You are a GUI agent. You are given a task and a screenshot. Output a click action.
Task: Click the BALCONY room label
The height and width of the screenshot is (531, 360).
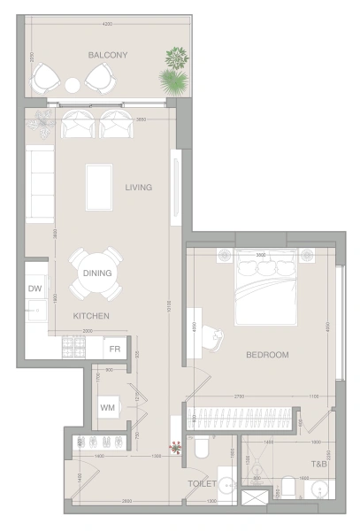coord(108,55)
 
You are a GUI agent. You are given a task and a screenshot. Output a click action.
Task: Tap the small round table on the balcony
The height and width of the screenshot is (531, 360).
coord(73,85)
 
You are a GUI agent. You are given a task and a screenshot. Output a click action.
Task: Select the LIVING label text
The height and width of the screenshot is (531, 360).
coord(139,188)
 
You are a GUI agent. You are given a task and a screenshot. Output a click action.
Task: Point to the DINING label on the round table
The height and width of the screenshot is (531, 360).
coord(97,273)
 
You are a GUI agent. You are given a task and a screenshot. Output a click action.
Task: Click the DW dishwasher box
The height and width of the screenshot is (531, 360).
coord(35,289)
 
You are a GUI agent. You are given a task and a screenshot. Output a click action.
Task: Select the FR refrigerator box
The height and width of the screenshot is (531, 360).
coord(115,348)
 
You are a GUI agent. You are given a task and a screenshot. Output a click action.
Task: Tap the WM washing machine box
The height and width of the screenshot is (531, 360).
coord(108,408)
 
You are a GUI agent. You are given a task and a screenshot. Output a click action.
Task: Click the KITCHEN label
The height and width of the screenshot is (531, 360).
coord(91,316)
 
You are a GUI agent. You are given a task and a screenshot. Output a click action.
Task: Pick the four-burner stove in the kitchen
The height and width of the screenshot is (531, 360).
coord(72,349)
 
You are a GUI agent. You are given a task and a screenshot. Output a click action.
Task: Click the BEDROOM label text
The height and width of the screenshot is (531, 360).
coord(267,355)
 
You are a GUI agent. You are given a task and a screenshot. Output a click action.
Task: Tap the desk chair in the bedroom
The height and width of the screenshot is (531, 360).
coord(212,334)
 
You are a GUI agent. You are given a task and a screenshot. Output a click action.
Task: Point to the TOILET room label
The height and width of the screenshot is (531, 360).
coord(202,485)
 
